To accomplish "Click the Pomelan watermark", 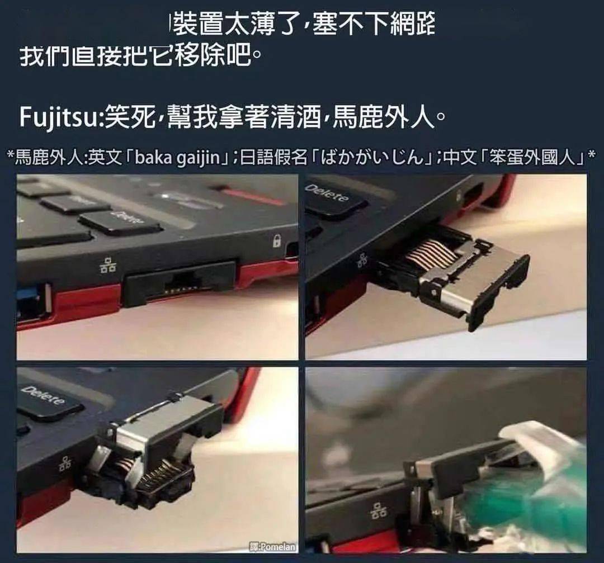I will pyautogui.click(x=273, y=547).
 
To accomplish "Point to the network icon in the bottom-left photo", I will pyautogui.click(x=65, y=462).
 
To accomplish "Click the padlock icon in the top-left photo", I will pyautogui.click(x=276, y=241).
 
